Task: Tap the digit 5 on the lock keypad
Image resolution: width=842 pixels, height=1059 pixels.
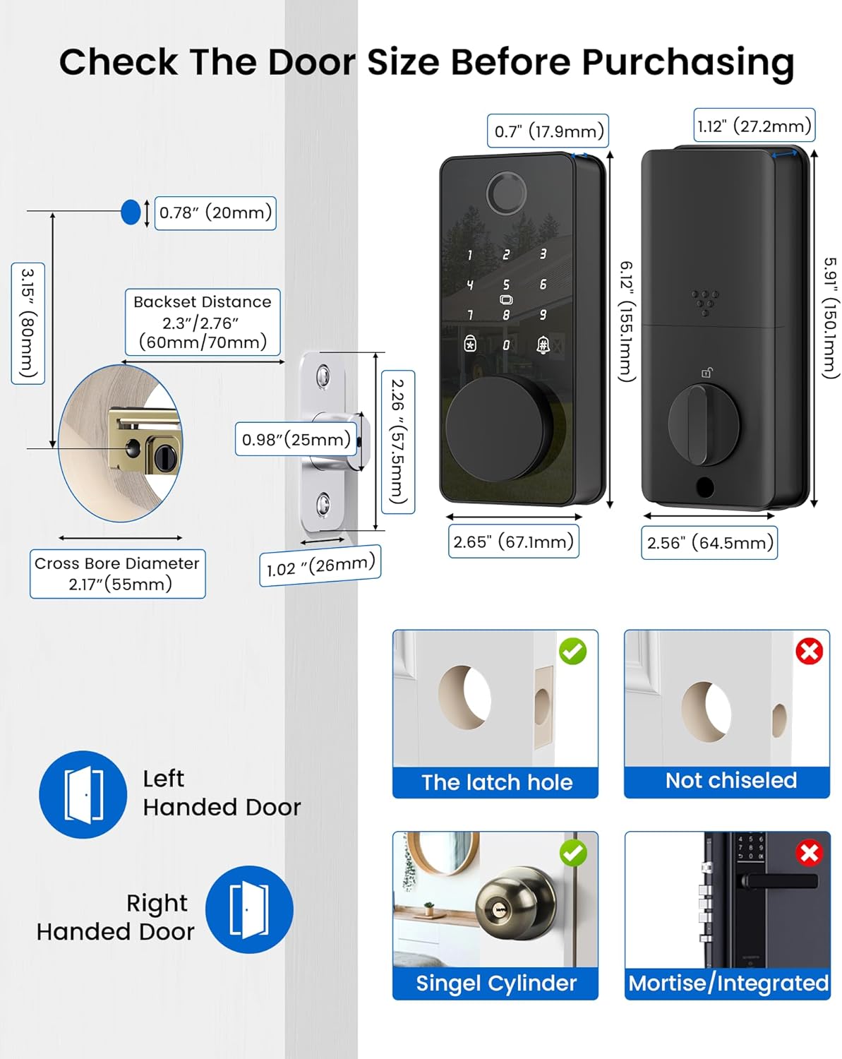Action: tap(506, 285)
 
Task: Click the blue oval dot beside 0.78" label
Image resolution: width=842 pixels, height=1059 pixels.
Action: tap(131, 212)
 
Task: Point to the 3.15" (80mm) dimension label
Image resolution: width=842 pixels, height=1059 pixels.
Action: tap(28, 323)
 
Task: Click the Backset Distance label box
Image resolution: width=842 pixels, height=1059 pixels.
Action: tap(203, 322)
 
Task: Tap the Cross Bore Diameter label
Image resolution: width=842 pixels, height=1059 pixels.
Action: tap(118, 573)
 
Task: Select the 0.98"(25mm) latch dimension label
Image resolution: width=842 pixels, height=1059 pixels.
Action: tap(296, 439)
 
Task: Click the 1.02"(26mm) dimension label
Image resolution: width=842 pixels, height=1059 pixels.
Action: tap(320, 566)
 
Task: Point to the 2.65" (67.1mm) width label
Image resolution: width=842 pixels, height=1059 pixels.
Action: tap(513, 542)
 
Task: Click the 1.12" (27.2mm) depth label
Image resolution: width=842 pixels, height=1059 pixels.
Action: tap(754, 126)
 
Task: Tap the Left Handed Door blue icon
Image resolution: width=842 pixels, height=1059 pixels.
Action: tap(83, 794)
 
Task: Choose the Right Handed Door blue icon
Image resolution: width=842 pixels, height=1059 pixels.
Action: tap(249, 909)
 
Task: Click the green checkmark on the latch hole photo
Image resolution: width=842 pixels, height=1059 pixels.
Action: tap(572, 651)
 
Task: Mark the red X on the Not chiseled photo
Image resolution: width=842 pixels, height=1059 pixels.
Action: tap(809, 651)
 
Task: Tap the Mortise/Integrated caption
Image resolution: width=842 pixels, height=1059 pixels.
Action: tap(728, 983)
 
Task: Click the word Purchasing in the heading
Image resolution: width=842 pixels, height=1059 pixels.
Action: tap(687, 62)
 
